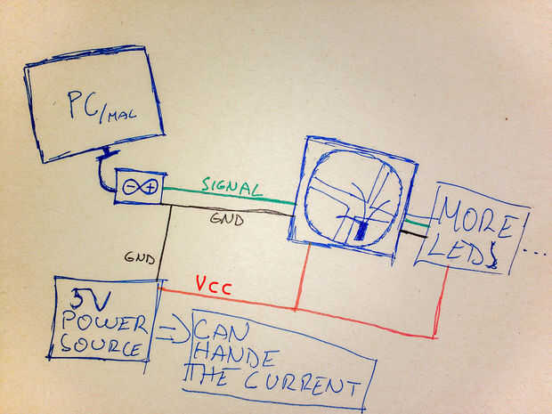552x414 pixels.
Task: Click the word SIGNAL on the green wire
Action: tap(231, 187)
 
